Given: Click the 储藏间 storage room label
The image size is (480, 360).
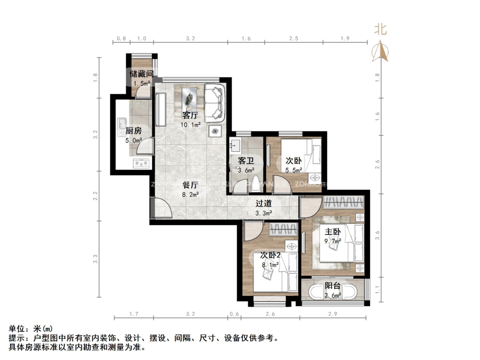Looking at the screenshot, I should [x=141, y=74].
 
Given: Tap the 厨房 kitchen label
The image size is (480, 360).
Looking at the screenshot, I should [x=133, y=131].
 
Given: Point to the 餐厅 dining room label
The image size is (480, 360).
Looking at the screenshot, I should [x=190, y=185].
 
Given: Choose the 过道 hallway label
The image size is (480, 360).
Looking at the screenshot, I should [x=263, y=204].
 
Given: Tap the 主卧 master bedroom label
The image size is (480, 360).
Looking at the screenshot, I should [x=333, y=232].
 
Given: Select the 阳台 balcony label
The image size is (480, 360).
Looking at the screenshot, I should [x=333, y=286].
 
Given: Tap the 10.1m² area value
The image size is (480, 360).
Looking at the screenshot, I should [x=190, y=125].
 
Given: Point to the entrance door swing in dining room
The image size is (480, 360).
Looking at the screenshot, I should [x=162, y=207].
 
